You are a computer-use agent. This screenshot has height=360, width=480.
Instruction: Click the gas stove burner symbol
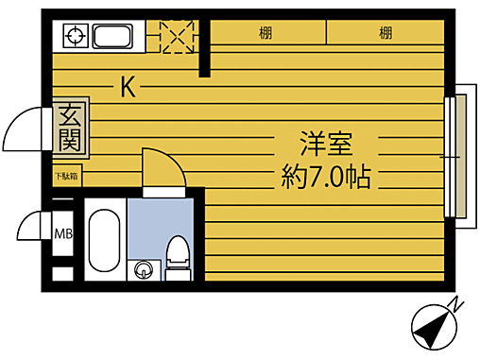75,38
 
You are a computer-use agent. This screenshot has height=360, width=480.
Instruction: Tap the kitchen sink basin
111,38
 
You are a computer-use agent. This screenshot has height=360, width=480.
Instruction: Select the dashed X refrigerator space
175,37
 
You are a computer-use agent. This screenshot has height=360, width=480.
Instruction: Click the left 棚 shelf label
266,34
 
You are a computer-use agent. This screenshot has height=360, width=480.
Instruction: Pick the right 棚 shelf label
386,34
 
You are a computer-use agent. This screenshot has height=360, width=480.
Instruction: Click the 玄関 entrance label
69,129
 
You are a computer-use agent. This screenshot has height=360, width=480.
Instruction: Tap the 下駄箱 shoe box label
66,176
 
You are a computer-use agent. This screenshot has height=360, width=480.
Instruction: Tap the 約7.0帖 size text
326,177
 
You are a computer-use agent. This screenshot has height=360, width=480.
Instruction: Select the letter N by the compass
455,304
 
